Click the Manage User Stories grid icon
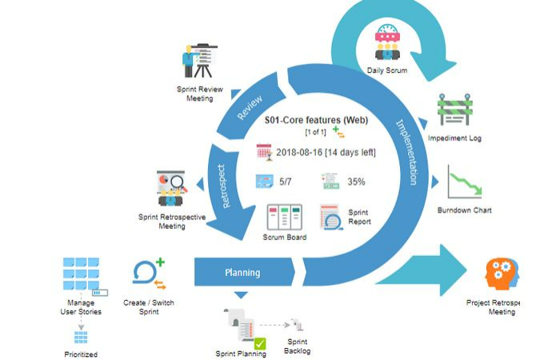point(82,274)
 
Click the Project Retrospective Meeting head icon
point(502,274)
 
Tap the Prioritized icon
point(81,337)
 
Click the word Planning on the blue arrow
point(242,273)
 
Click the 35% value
point(356,182)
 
